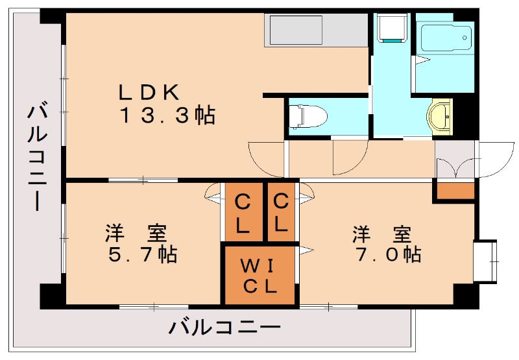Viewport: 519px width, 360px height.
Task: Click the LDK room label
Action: click(x=149, y=92)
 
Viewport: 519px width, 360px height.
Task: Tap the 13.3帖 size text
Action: click(x=167, y=115)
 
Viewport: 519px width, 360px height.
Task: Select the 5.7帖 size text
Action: click(x=143, y=254)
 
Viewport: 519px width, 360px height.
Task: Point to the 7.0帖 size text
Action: click(x=388, y=254)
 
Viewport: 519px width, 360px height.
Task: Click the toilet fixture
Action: click(x=308, y=116)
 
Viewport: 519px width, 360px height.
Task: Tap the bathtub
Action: click(x=446, y=38)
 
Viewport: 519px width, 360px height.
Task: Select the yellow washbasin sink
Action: click(x=440, y=117)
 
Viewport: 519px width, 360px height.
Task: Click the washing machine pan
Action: click(x=392, y=28)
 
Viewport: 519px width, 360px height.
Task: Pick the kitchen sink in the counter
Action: click(x=296, y=30)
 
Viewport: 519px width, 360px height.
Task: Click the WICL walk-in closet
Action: click(x=260, y=275)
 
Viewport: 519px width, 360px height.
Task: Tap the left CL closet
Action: click(x=244, y=212)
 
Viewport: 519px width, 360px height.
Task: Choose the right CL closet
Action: click(x=281, y=212)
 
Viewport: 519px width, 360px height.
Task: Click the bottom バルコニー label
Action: click(x=224, y=327)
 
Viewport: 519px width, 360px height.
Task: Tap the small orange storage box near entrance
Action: click(x=456, y=191)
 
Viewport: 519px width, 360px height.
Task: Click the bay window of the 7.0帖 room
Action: click(x=485, y=261)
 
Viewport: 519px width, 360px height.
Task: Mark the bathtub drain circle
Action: click(x=465, y=38)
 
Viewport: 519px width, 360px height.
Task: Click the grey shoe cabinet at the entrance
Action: click(x=455, y=159)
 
